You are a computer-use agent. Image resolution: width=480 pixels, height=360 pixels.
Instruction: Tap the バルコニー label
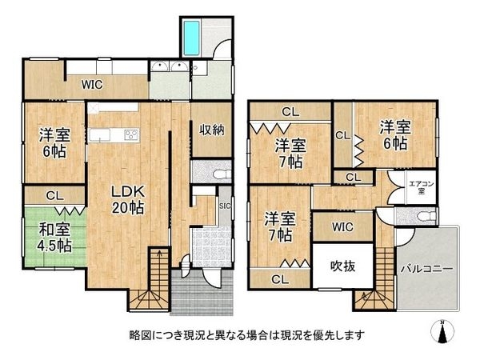click(426, 270)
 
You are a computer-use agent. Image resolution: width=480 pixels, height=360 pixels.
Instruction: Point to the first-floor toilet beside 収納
click(221, 173)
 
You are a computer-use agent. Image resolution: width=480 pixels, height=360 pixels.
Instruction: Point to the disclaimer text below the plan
click(240, 334)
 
